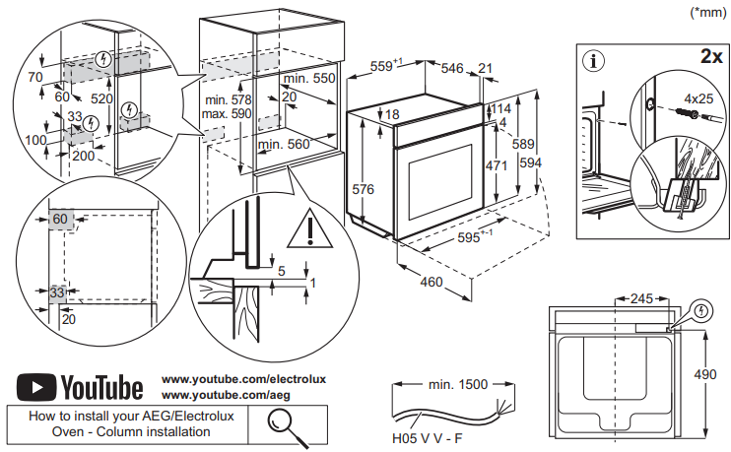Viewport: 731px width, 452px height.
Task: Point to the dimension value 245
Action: click(x=643, y=297)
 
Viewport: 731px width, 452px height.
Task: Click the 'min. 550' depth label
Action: click(x=309, y=78)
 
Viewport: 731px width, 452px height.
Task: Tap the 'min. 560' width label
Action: click(x=284, y=145)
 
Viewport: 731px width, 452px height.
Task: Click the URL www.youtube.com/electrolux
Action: click(x=242, y=378)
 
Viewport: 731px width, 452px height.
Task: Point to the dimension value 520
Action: click(x=100, y=98)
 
